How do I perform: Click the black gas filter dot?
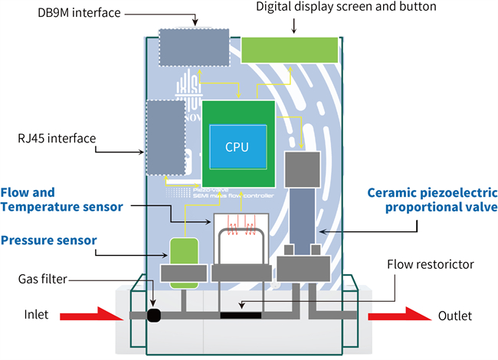click(x=153, y=315)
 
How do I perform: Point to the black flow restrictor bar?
click(x=240, y=315)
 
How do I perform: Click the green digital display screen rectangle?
click(x=290, y=50)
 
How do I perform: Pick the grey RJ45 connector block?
click(x=165, y=138)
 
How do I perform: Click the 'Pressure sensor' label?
click(x=49, y=240)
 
